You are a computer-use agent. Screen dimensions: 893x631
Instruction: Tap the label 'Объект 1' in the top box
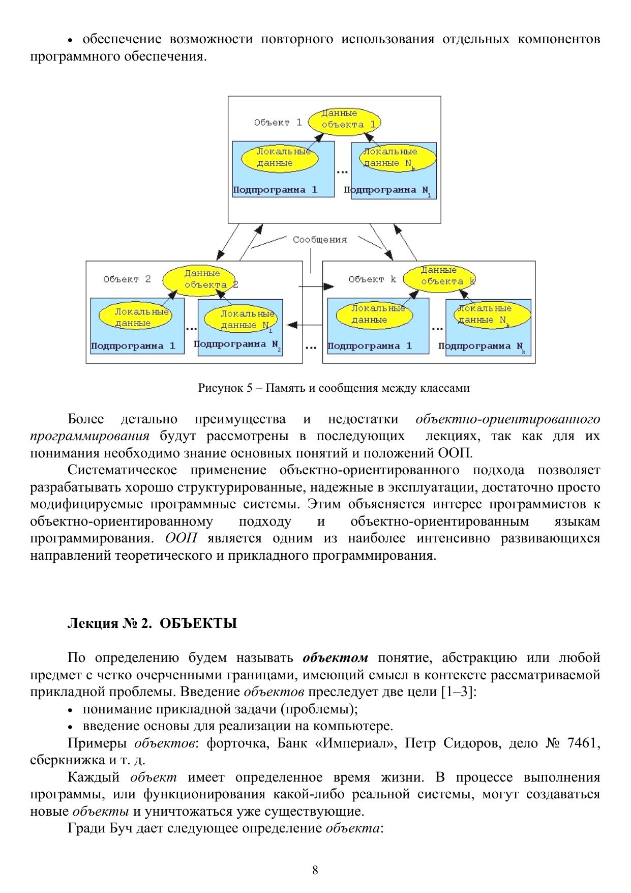(278, 123)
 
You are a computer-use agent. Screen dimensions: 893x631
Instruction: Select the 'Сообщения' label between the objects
(320, 240)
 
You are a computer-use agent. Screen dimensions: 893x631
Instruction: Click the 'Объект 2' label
(127, 279)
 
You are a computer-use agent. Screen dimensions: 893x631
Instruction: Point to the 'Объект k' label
(372, 279)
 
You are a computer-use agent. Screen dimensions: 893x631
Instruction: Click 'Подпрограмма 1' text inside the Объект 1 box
(275, 190)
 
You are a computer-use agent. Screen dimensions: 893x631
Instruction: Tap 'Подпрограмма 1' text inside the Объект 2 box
(133, 347)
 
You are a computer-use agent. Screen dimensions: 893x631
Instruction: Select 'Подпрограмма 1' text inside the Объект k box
(370, 347)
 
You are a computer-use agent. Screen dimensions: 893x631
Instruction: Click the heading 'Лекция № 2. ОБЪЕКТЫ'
(152, 623)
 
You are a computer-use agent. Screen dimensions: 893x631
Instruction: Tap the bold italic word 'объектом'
(335, 658)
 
